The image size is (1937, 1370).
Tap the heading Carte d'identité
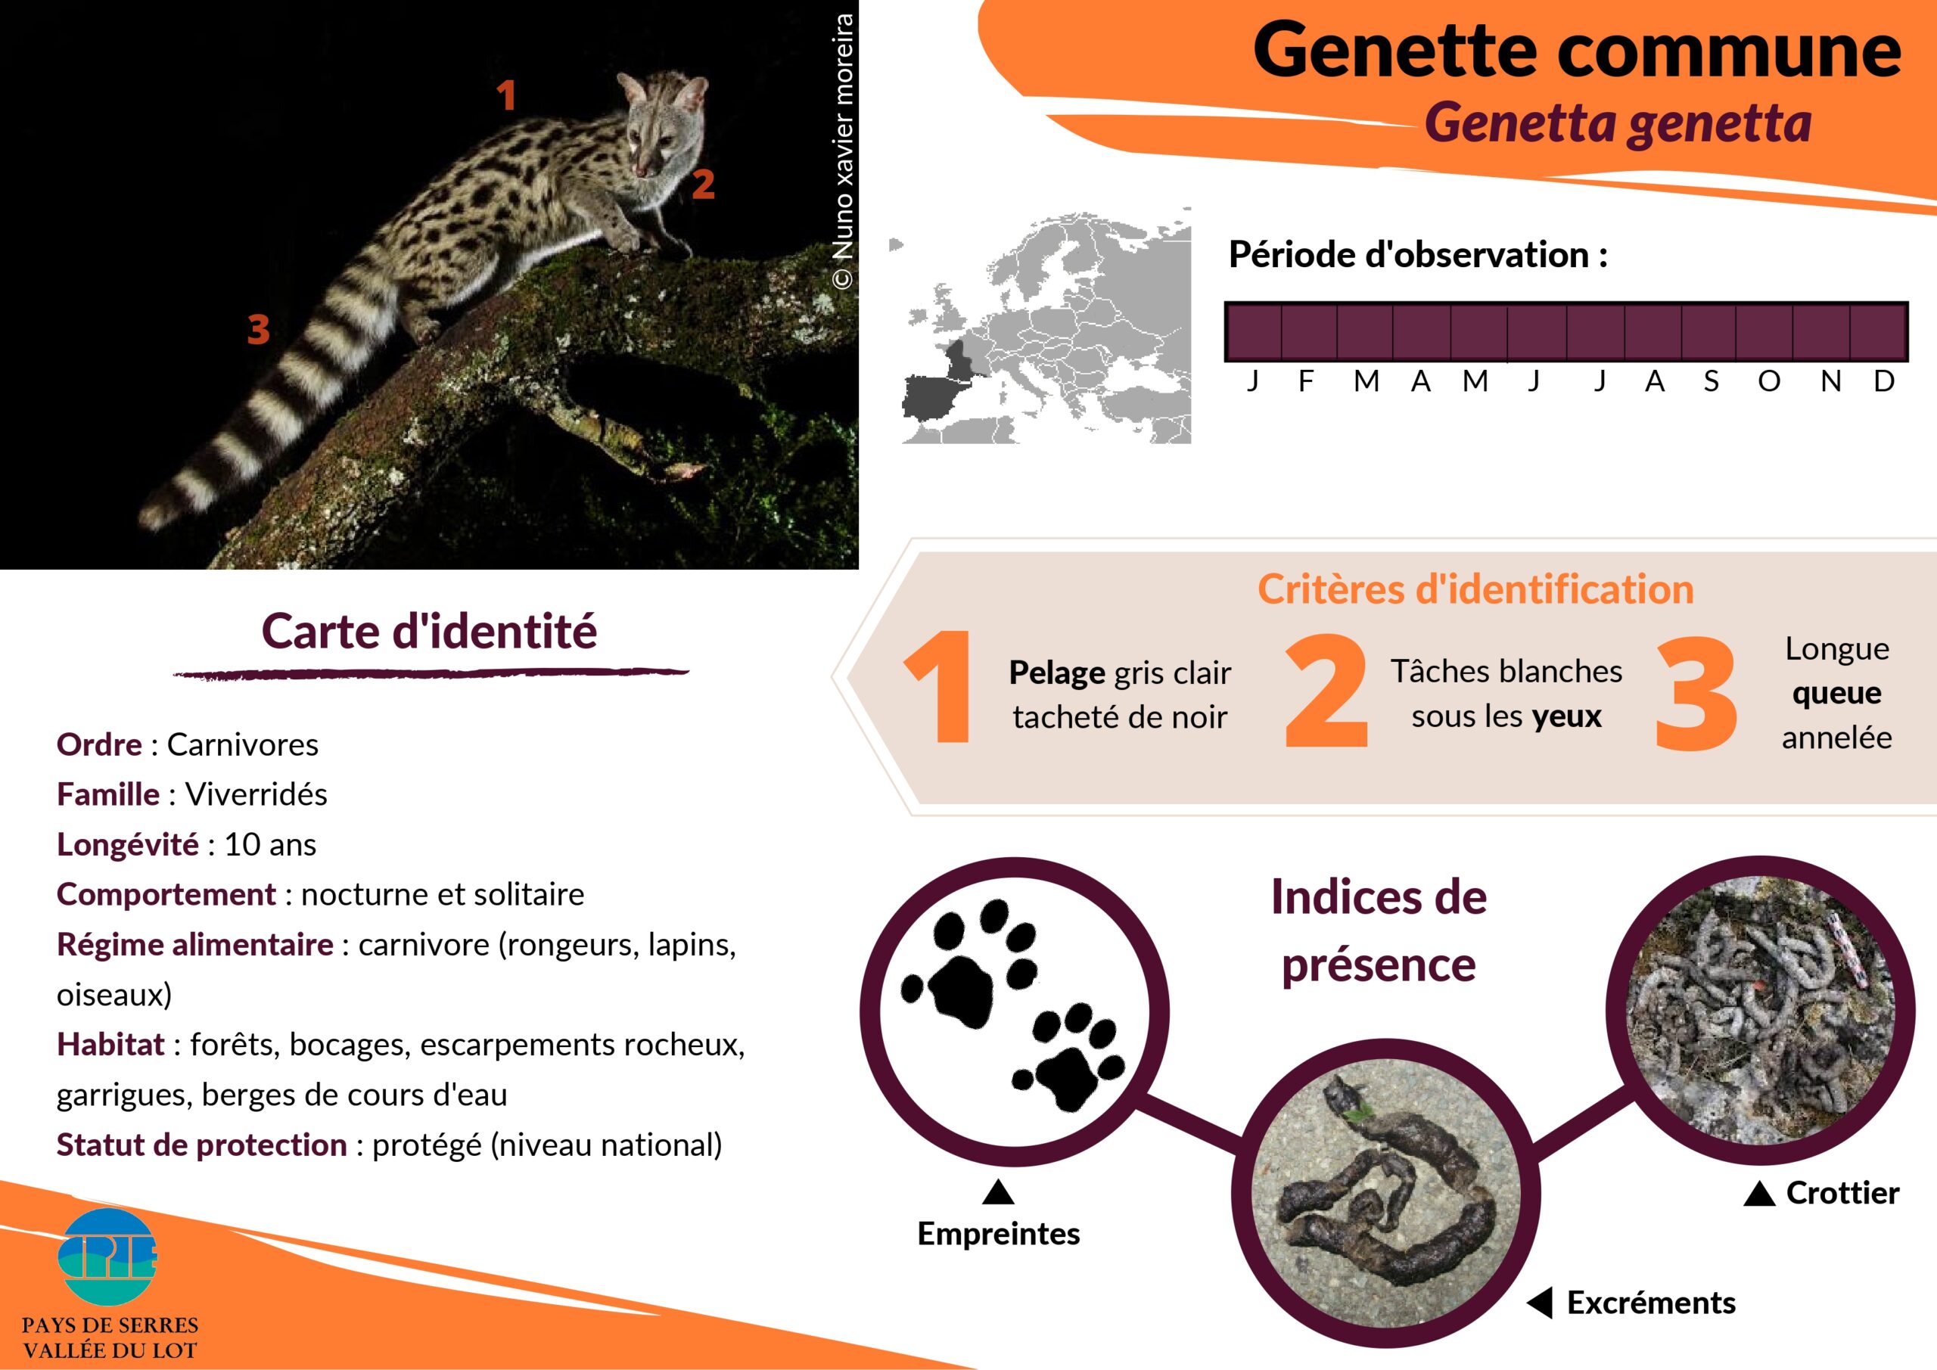pyautogui.click(x=430, y=631)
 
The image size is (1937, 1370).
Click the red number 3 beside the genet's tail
pyautogui.click(x=258, y=329)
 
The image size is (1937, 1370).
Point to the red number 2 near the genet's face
pyautogui.click(x=703, y=184)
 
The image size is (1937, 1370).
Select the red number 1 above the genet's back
pyautogui.click(x=506, y=95)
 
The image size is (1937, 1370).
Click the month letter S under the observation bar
pyautogui.click(x=1711, y=381)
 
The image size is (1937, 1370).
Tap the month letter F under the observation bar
pyautogui.click(x=1306, y=381)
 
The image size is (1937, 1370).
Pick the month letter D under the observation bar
pyautogui.click(x=1884, y=381)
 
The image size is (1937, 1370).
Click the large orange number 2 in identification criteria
pyautogui.click(x=1326, y=691)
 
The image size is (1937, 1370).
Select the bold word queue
pyautogui.click(x=1836, y=694)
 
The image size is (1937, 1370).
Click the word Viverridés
pyautogui.click(x=257, y=794)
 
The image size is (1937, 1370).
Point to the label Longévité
pyautogui.click(x=127, y=843)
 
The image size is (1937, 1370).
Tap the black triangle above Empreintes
pyautogui.click(x=998, y=1191)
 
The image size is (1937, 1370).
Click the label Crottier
pyautogui.click(x=1842, y=1193)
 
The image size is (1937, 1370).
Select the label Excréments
pyautogui.click(x=1651, y=1303)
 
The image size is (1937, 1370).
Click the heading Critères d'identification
pyautogui.click(x=1475, y=589)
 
